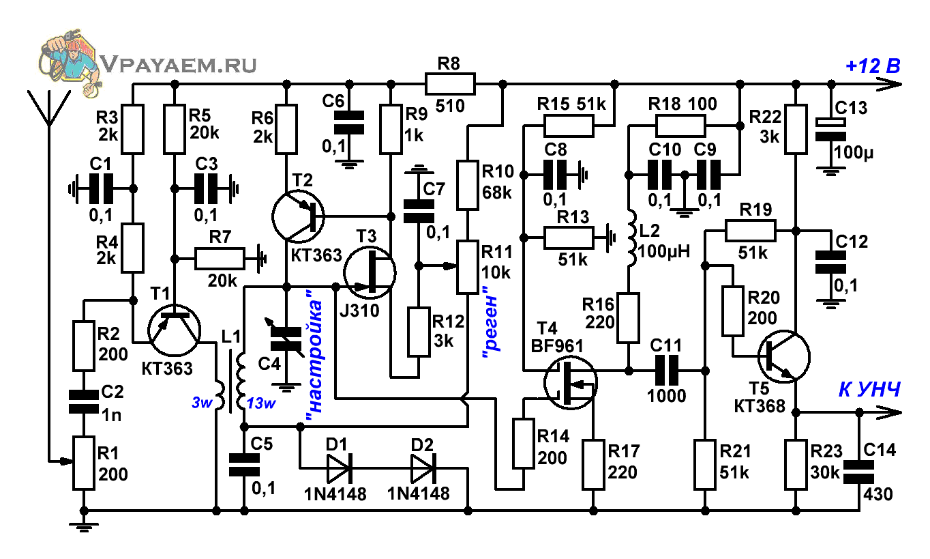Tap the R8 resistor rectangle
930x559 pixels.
point(450,84)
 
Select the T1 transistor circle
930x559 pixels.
point(175,330)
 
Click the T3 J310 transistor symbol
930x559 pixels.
point(370,272)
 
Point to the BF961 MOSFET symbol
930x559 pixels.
point(571,383)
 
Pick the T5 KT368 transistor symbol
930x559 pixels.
point(784,357)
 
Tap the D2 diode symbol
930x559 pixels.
point(423,468)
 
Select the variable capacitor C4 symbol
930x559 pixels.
point(286,339)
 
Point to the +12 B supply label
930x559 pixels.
point(873,66)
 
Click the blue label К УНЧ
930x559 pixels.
point(869,390)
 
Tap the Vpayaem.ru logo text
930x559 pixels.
point(179,65)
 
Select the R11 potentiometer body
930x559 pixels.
point(468,268)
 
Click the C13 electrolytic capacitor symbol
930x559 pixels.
point(830,130)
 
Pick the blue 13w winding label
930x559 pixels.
point(261,403)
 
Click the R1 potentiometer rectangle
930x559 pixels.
point(83,463)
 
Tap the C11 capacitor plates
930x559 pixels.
point(666,371)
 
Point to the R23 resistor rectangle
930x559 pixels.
point(796,465)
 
